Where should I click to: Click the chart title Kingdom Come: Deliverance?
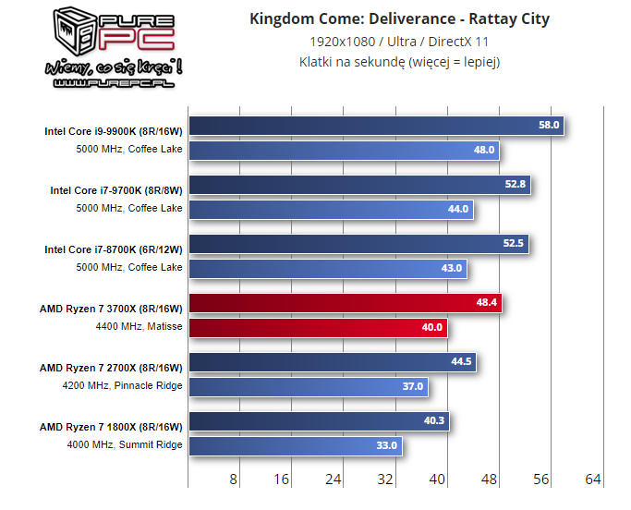point(399,19)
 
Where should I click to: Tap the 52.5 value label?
point(514,244)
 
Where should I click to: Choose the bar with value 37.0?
point(308,386)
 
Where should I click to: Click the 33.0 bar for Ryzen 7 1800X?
point(295,445)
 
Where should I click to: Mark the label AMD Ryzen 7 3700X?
point(111,309)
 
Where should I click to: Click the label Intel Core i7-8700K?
point(114,249)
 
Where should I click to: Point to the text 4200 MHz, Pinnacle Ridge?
point(122,385)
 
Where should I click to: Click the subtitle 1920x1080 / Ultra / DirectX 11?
point(399,42)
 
